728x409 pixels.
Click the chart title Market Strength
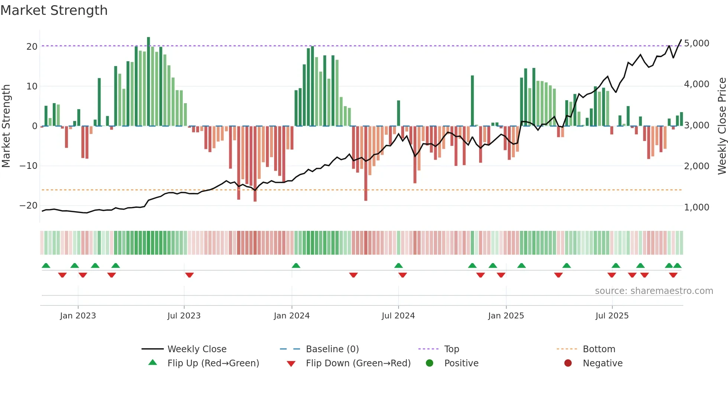pos(54,10)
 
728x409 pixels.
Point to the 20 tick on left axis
pos(32,47)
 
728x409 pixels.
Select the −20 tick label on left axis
pos(29,206)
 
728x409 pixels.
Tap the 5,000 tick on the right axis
pos(696,43)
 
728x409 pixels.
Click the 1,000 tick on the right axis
pos(696,207)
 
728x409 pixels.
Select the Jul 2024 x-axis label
pos(398,316)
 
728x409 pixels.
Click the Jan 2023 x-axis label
pos(78,316)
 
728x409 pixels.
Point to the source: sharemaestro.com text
pos(654,291)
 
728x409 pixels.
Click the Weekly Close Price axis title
pos(722,126)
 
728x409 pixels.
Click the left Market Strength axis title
pos(6,126)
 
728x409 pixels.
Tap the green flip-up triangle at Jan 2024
pos(296,265)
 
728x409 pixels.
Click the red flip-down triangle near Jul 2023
pos(189,275)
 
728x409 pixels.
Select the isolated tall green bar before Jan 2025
pos(472,100)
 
